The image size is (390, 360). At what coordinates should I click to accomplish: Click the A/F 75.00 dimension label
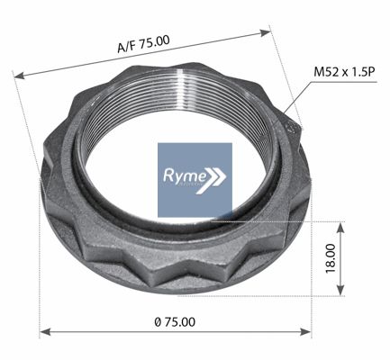pos(143,44)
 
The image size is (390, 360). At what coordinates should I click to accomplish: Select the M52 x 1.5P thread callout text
pos(345,72)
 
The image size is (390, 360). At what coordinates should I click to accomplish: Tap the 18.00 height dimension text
pos(331,258)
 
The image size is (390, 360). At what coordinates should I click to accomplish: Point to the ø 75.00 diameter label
pos(175,322)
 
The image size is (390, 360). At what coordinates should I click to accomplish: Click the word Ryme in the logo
pos(185,175)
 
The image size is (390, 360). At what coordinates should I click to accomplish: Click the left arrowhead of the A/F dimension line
pos(19,76)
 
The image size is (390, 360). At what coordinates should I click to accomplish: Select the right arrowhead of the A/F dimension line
pos(265,32)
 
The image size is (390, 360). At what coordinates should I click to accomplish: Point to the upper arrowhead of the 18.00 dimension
pos(340,228)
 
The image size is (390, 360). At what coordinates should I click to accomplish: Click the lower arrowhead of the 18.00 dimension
pos(340,290)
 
